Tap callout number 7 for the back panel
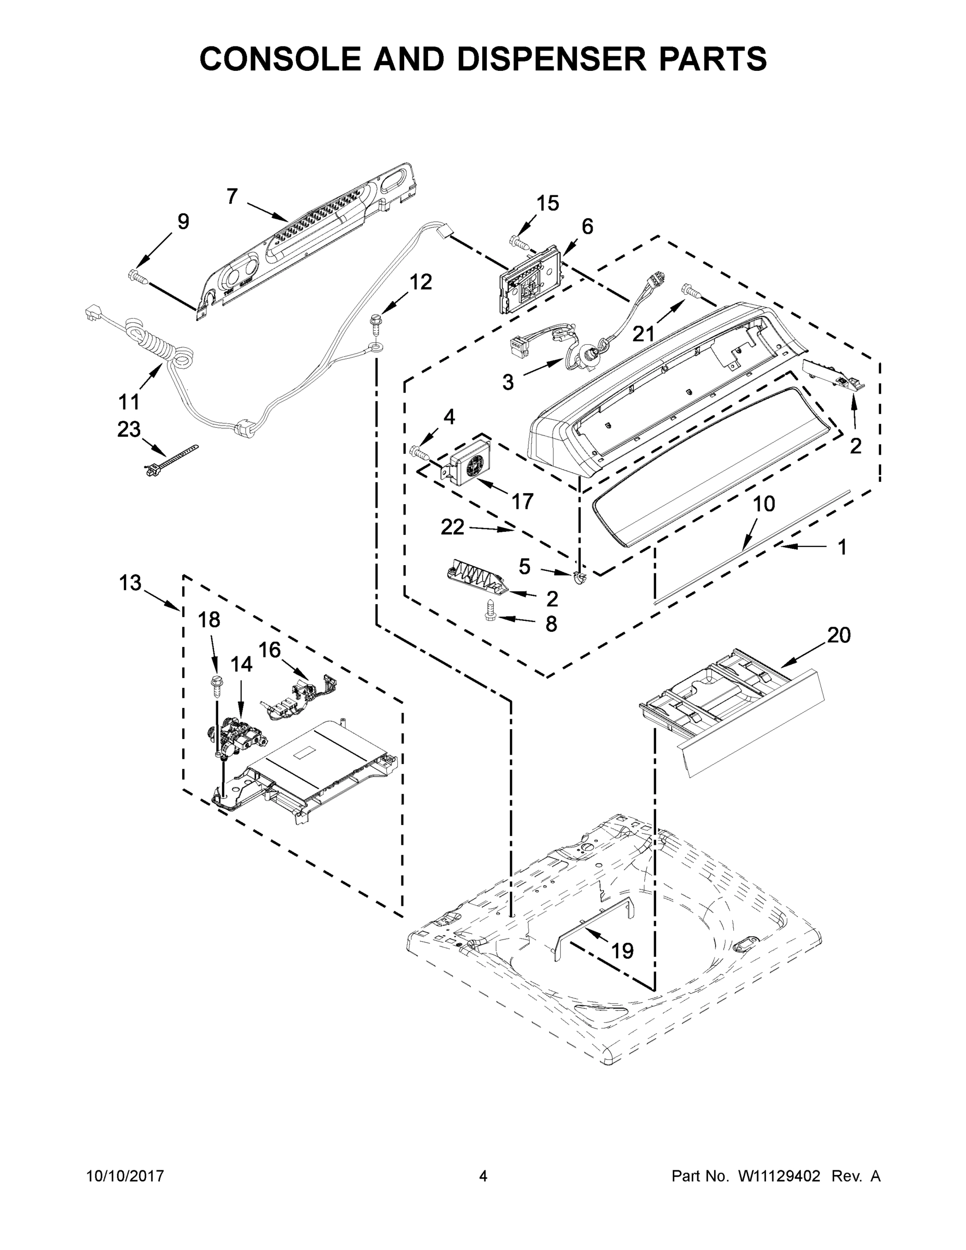[x=232, y=196]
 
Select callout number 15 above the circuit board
[x=547, y=203]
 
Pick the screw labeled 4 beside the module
[x=420, y=452]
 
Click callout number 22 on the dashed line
[x=452, y=527]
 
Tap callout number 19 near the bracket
[x=622, y=951]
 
